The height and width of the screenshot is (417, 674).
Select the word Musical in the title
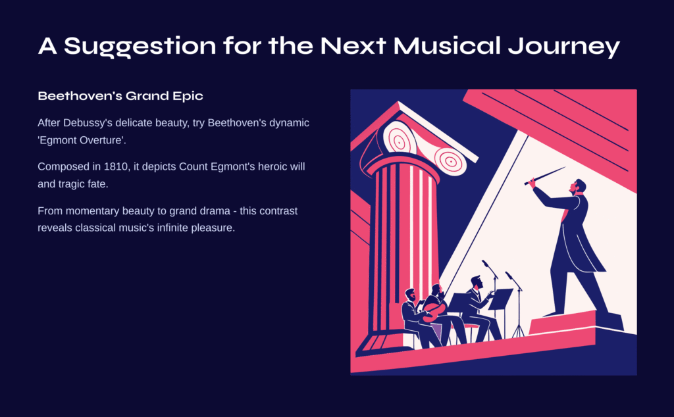click(x=447, y=45)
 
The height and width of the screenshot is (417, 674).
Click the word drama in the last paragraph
click(x=217, y=211)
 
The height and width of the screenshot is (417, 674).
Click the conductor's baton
click(x=544, y=176)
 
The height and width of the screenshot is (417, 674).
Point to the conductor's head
click(x=577, y=186)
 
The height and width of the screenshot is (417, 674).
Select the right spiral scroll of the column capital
click(x=450, y=162)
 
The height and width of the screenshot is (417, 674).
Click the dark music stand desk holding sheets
click(x=500, y=299)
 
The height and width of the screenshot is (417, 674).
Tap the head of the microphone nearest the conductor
click(x=509, y=274)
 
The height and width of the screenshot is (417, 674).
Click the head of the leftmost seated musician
click(x=411, y=295)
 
